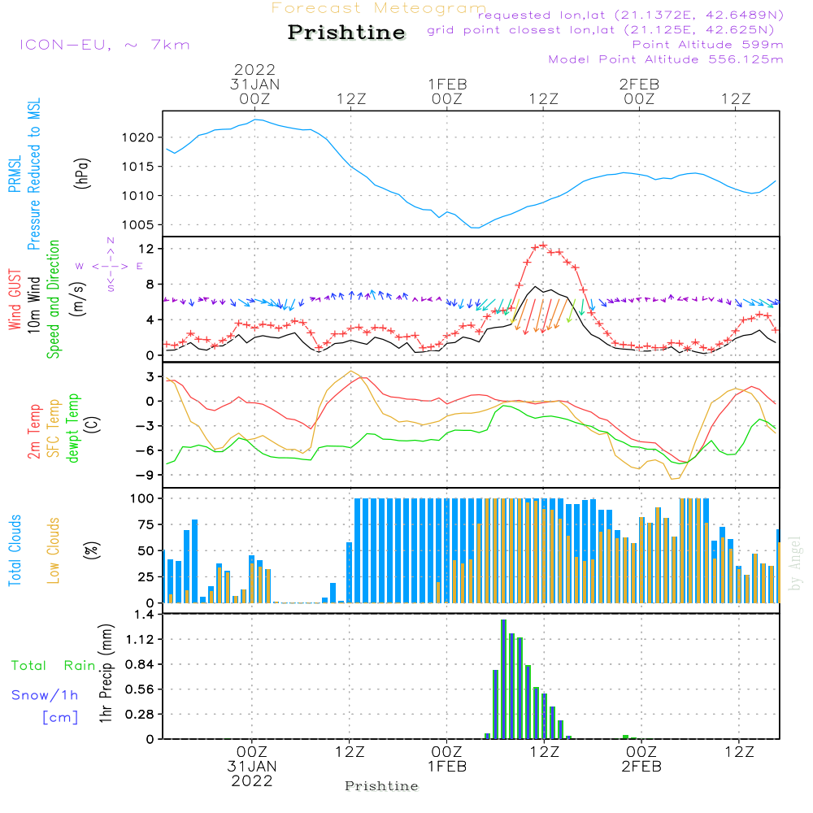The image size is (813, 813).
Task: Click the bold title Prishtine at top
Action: [346, 33]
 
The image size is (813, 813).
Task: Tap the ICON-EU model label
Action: [104, 45]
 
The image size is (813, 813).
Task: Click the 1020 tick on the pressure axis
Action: [141, 137]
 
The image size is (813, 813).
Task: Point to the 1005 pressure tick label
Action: [141, 225]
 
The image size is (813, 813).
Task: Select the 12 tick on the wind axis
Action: [146, 247]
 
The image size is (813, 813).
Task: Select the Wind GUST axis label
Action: [15, 301]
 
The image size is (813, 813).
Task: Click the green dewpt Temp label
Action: [73, 428]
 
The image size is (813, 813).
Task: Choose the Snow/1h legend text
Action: [46, 696]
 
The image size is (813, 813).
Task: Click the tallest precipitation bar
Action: [504, 679]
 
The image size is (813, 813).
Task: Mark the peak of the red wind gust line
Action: [542, 245]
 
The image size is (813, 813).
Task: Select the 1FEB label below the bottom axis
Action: [446, 767]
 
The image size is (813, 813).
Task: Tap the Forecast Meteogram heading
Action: [379, 8]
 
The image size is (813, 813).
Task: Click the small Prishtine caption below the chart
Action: [381, 786]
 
